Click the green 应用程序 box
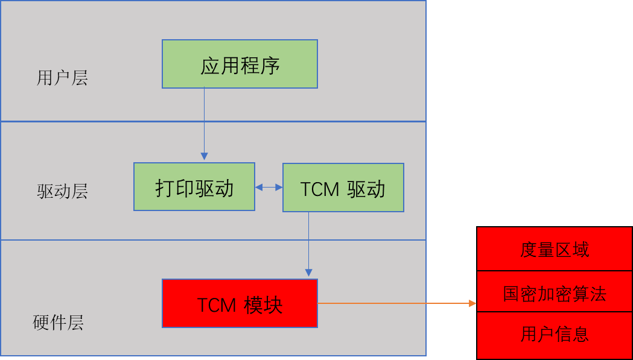(x=240, y=64)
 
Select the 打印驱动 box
(x=194, y=187)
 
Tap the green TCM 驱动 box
(x=343, y=188)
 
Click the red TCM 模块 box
(x=240, y=303)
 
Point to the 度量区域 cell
(x=554, y=249)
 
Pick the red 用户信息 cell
(x=554, y=334)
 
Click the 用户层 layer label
(x=62, y=78)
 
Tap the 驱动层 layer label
(x=62, y=192)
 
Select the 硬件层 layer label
(x=58, y=323)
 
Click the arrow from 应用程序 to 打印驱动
(x=204, y=121)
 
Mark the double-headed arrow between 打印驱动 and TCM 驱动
(x=269, y=188)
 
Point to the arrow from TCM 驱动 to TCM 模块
(x=308, y=241)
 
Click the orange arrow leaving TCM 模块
(x=392, y=303)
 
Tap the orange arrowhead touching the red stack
(x=473, y=303)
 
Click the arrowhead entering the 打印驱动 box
(x=204, y=157)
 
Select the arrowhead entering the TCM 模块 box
(x=308, y=273)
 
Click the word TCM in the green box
(x=320, y=189)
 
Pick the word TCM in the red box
(x=216, y=305)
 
